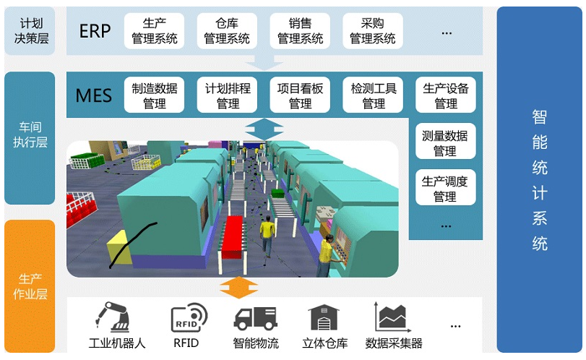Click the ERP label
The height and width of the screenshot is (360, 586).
click(95, 31)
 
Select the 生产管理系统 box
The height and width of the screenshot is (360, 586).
click(154, 31)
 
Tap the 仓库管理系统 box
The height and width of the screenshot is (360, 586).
click(227, 31)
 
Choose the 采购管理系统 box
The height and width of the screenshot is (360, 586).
click(373, 31)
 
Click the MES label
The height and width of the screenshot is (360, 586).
click(94, 95)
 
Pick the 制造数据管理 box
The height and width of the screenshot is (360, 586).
click(154, 95)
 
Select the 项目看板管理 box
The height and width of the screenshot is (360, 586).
click(300, 95)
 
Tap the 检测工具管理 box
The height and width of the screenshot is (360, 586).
click(373, 95)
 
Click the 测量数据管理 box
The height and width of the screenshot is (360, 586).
click(446, 141)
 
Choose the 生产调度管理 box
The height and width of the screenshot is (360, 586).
click(446, 187)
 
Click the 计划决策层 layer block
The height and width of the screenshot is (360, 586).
click(30, 31)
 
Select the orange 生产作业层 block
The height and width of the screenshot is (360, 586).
click(30, 286)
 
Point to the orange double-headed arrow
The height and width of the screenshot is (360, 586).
click(239, 288)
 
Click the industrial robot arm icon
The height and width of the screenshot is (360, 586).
click(113, 317)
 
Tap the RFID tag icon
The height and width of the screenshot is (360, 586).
click(189, 317)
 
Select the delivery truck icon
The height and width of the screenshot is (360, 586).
click(256, 319)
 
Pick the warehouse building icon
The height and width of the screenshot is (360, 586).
click(324, 317)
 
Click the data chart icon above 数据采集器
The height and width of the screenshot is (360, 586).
click(392, 317)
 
